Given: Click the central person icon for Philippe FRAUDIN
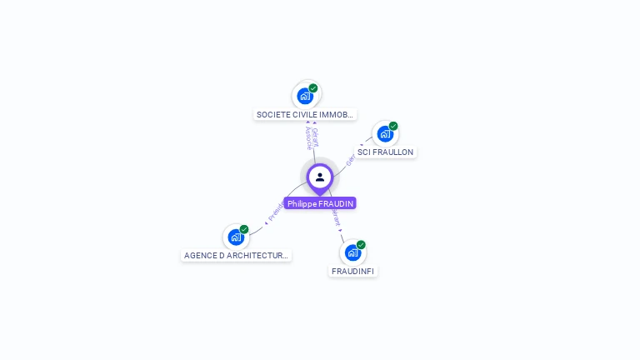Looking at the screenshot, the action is click(320, 177).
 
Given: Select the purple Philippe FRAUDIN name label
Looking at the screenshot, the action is click(320, 203).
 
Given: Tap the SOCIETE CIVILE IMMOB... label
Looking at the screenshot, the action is click(305, 114).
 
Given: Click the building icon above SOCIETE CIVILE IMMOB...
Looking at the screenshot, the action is click(305, 96).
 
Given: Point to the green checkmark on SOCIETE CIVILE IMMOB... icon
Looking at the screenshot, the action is click(313, 87).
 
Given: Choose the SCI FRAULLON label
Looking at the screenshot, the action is click(385, 152).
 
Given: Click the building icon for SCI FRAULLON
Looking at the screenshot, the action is click(384, 133).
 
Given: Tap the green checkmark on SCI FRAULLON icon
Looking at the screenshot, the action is click(393, 126).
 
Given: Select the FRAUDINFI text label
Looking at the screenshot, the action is click(353, 271).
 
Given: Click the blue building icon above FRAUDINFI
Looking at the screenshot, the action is click(352, 252).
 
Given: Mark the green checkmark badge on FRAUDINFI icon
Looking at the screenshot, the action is click(361, 245).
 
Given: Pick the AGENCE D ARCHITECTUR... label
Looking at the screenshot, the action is click(236, 256).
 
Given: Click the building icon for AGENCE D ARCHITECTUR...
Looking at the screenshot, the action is click(236, 237).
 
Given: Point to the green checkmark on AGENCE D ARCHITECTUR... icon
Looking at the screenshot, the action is click(244, 229).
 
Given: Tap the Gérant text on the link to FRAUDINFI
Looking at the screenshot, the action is click(335, 218).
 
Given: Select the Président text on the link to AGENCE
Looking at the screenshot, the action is click(276, 212).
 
